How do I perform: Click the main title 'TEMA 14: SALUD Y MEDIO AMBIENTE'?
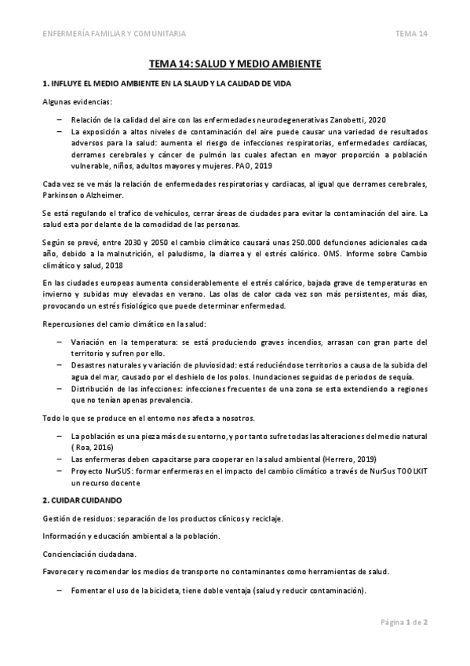coord(235,66)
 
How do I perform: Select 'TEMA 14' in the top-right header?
coord(411,34)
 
